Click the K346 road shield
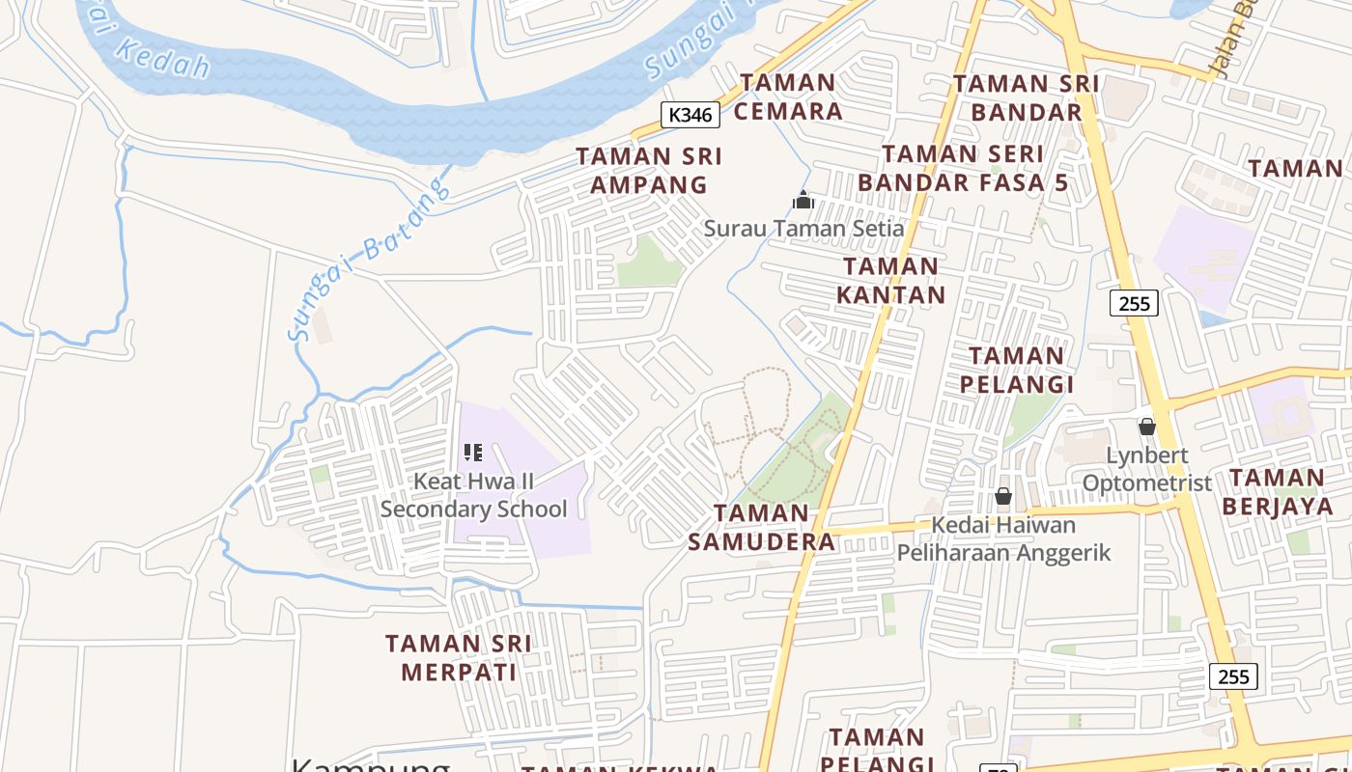691,115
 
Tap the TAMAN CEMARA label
789,96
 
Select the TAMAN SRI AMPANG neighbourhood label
649,170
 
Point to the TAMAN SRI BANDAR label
1026,97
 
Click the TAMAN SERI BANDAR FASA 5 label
963,168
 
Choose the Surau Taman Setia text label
803,229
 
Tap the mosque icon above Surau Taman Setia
803,201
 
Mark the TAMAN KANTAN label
890,280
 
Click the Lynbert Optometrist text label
1146,468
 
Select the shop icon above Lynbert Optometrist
1146,427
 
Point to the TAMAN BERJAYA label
1277,491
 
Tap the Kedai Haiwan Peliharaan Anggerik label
1003,538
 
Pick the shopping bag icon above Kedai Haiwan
1003,496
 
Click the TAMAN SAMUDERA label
762,527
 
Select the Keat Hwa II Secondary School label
473,494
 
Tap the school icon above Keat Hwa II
472,452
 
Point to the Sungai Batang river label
369,259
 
